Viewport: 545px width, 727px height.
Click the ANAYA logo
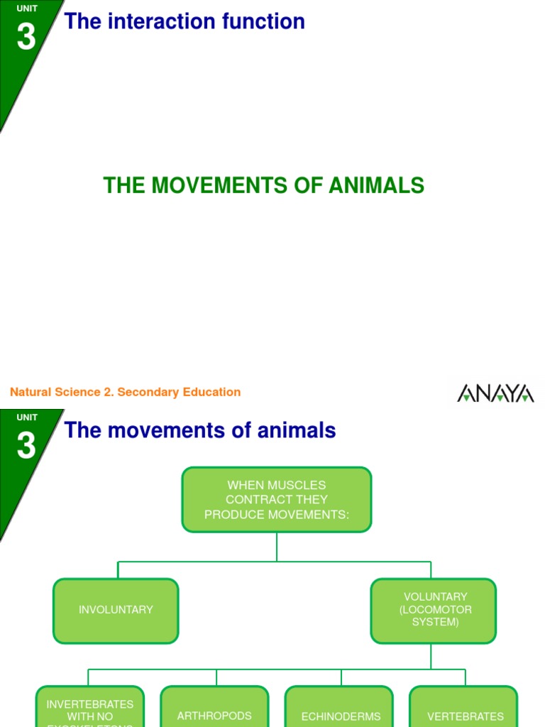[x=495, y=393]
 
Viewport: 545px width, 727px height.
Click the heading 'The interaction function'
[x=185, y=21]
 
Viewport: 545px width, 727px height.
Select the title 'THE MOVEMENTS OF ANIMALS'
[x=263, y=186]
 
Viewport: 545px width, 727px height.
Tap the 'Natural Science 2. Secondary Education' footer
[x=125, y=392]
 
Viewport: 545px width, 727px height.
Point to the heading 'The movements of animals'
[x=200, y=430]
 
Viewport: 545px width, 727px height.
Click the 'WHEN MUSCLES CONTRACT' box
[x=277, y=500]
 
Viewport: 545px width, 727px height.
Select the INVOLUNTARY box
[x=116, y=610]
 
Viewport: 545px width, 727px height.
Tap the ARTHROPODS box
[x=214, y=711]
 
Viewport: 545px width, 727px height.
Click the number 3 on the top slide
[x=26, y=37]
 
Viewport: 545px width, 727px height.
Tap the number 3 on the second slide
[x=26, y=446]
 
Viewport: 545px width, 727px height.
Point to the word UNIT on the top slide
[x=27, y=9]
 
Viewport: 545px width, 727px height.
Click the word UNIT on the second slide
[x=27, y=417]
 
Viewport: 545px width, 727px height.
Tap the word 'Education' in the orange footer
[x=214, y=392]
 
